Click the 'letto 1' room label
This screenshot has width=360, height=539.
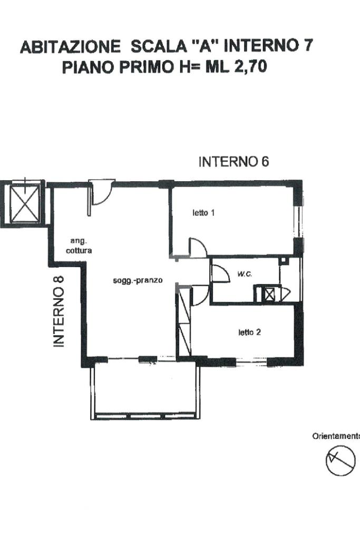pos(203,213)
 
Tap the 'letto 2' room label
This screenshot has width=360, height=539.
pos(250,332)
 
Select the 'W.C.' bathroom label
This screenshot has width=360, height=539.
pos(245,275)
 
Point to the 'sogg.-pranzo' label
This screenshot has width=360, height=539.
pos(138,280)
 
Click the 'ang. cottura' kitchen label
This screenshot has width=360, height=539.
pos(79,246)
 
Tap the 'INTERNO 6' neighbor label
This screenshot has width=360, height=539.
pos(234,162)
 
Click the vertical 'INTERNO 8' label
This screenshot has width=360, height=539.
pos(59,311)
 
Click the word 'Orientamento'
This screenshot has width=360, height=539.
pos(336,436)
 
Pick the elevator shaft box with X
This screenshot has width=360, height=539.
pos(25,203)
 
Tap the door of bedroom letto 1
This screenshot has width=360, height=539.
pos(197,247)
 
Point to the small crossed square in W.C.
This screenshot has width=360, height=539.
pos(270,294)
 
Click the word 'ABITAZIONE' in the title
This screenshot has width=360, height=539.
pos(71,47)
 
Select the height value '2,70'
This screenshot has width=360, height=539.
pos(251,66)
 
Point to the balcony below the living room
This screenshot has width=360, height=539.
pos(145,391)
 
